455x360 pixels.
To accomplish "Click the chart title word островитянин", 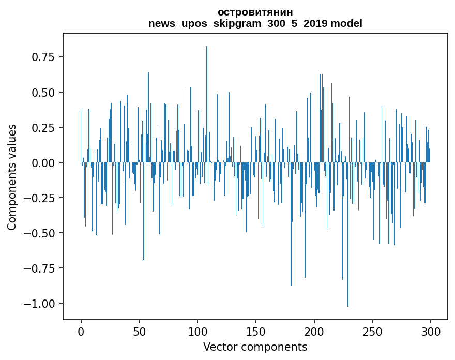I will (255, 12).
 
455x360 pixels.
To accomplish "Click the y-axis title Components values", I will (11, 177).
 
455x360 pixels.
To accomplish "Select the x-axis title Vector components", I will (255, 347).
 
